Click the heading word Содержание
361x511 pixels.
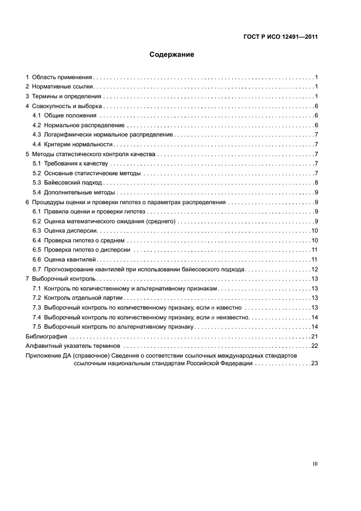point(171,55)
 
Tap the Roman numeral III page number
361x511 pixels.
point(315,464)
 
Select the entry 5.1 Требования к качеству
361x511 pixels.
point(72,164)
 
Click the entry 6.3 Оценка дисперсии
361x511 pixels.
point(66,231)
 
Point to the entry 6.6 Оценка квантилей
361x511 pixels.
point(65,259)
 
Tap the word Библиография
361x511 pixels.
point(47,336)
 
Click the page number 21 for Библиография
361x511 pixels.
point(315,336)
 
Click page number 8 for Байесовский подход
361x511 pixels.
point(316,182)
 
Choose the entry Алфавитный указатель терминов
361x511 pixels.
point(74,346)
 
